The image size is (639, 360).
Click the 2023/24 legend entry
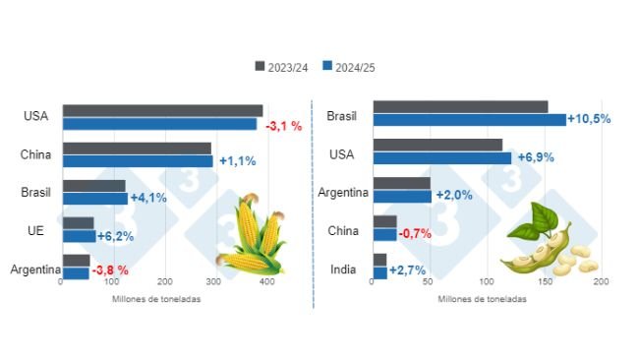285,67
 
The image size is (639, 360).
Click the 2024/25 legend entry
349,67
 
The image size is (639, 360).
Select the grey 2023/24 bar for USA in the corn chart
162,111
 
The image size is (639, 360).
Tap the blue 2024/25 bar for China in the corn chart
137,160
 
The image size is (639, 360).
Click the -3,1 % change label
284,125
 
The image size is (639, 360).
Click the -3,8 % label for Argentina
109,270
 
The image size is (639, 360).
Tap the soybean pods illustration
546,242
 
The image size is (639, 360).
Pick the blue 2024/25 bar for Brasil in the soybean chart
469,119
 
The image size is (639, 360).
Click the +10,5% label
590,119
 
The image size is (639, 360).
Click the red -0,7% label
415,234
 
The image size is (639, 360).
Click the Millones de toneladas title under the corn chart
157,299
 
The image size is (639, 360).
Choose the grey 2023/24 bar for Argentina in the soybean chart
401,183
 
